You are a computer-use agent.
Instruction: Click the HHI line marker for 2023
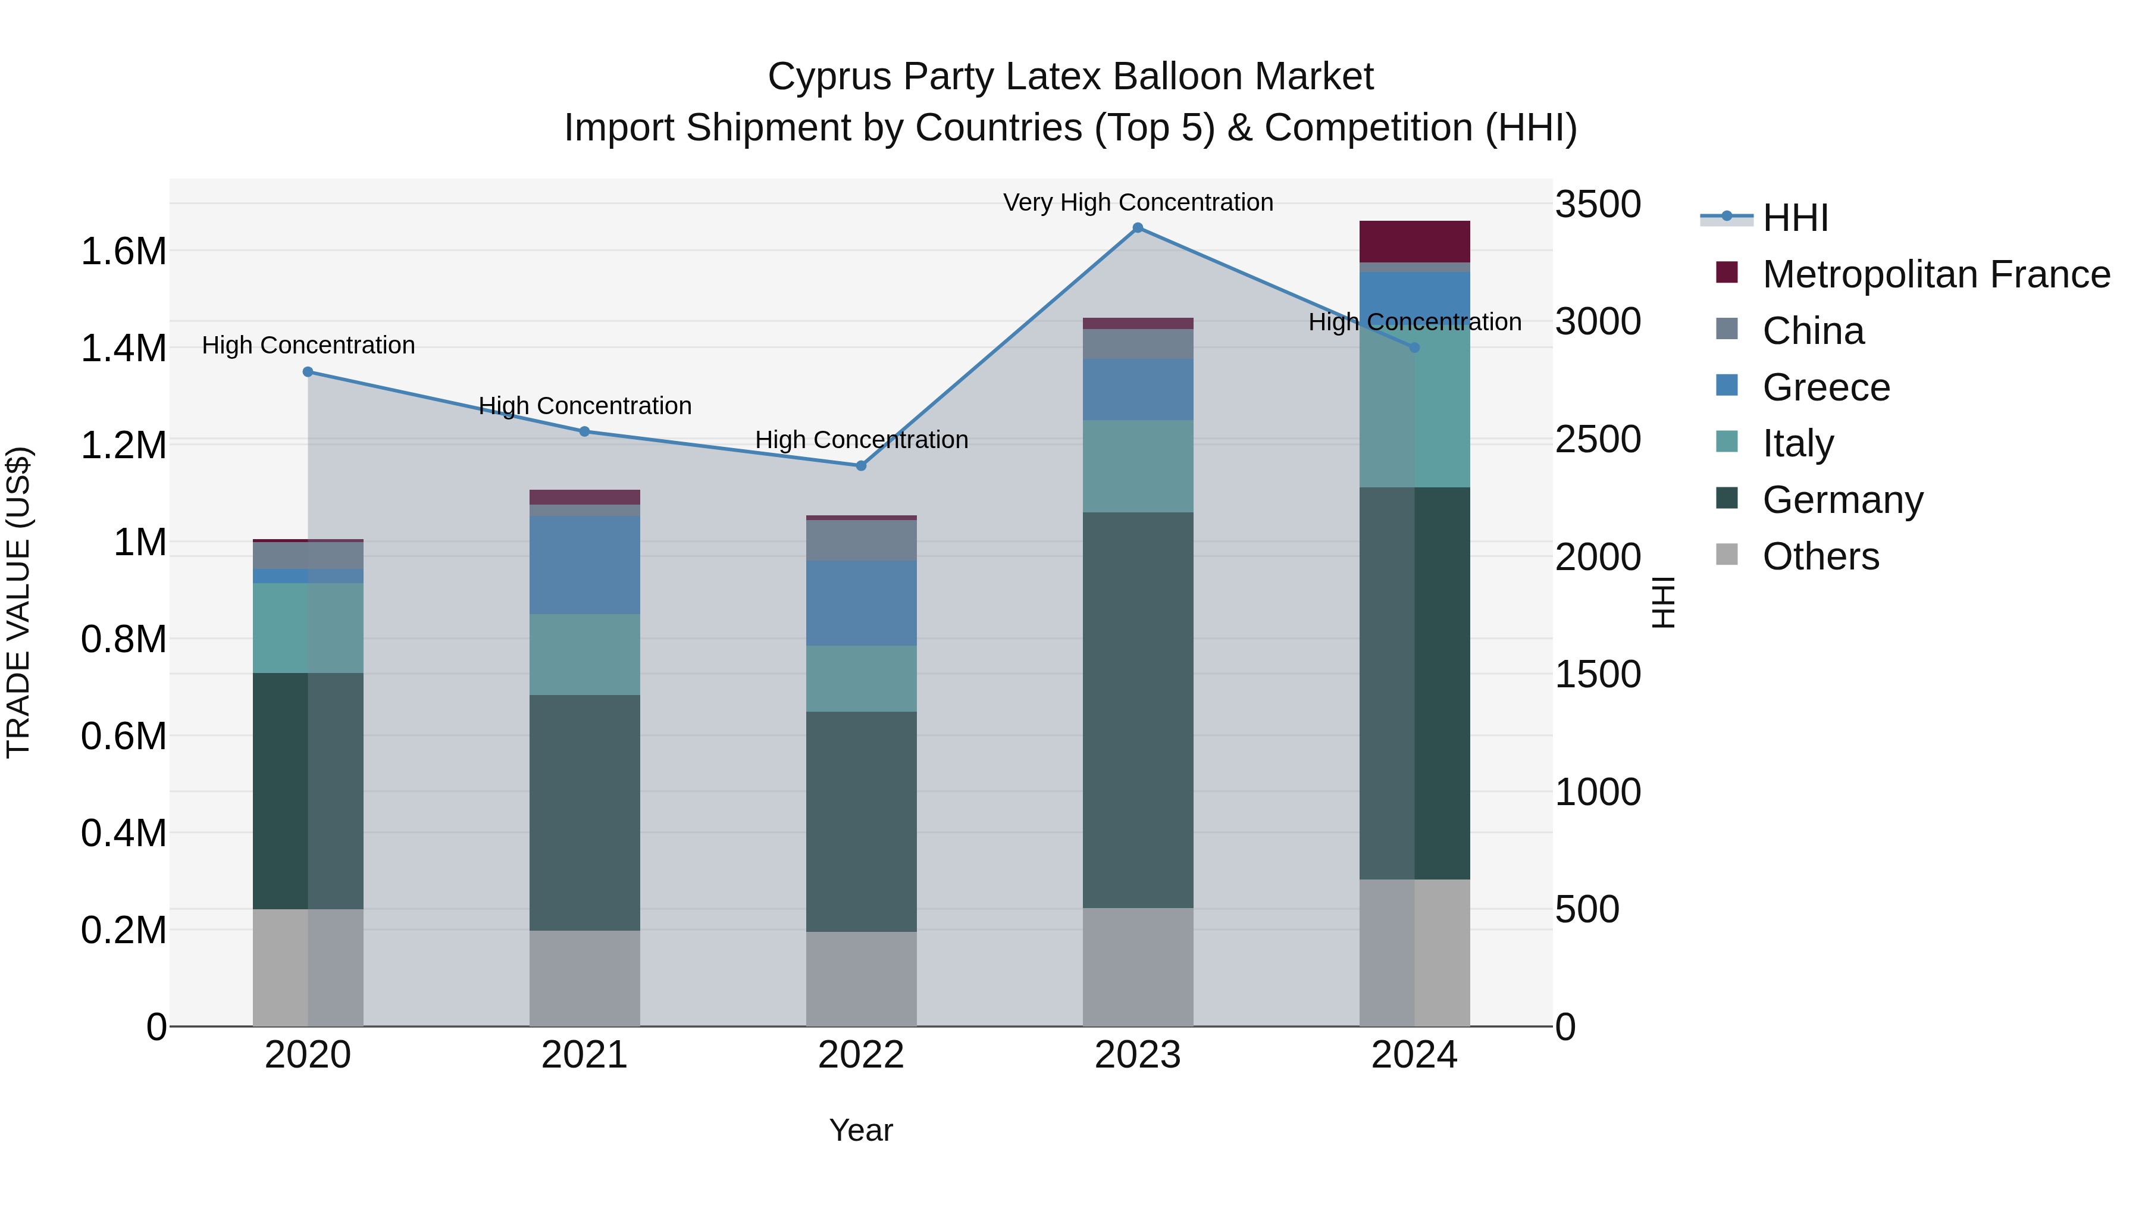tap(1138, 228)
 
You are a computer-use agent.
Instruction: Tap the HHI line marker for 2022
tap(862, 466)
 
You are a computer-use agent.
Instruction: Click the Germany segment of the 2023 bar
tap(1138, 709)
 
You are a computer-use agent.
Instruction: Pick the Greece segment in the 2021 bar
tap(584, 565)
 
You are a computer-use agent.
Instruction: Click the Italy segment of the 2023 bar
tap(1138, 466)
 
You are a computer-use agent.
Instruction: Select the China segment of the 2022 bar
tap(862, 540)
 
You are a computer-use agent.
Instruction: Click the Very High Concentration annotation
tap(1138, 202)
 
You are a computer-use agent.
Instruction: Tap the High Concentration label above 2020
tap(308, 345)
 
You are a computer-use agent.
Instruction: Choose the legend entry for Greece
tap(1825, 387)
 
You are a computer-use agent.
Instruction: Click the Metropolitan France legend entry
tap(1935, 274)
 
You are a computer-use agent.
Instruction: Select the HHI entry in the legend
tap(1795, 218)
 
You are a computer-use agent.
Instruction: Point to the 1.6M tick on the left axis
tap(123, 251)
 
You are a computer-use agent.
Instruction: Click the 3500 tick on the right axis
tap(1598, 205)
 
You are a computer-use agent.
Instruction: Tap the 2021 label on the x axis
tap(584, 1055)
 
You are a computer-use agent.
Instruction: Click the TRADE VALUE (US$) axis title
tap(18, 602)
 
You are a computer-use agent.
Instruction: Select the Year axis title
tap(860, 1130)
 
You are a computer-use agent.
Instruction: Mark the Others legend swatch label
tap(1820, 556)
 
